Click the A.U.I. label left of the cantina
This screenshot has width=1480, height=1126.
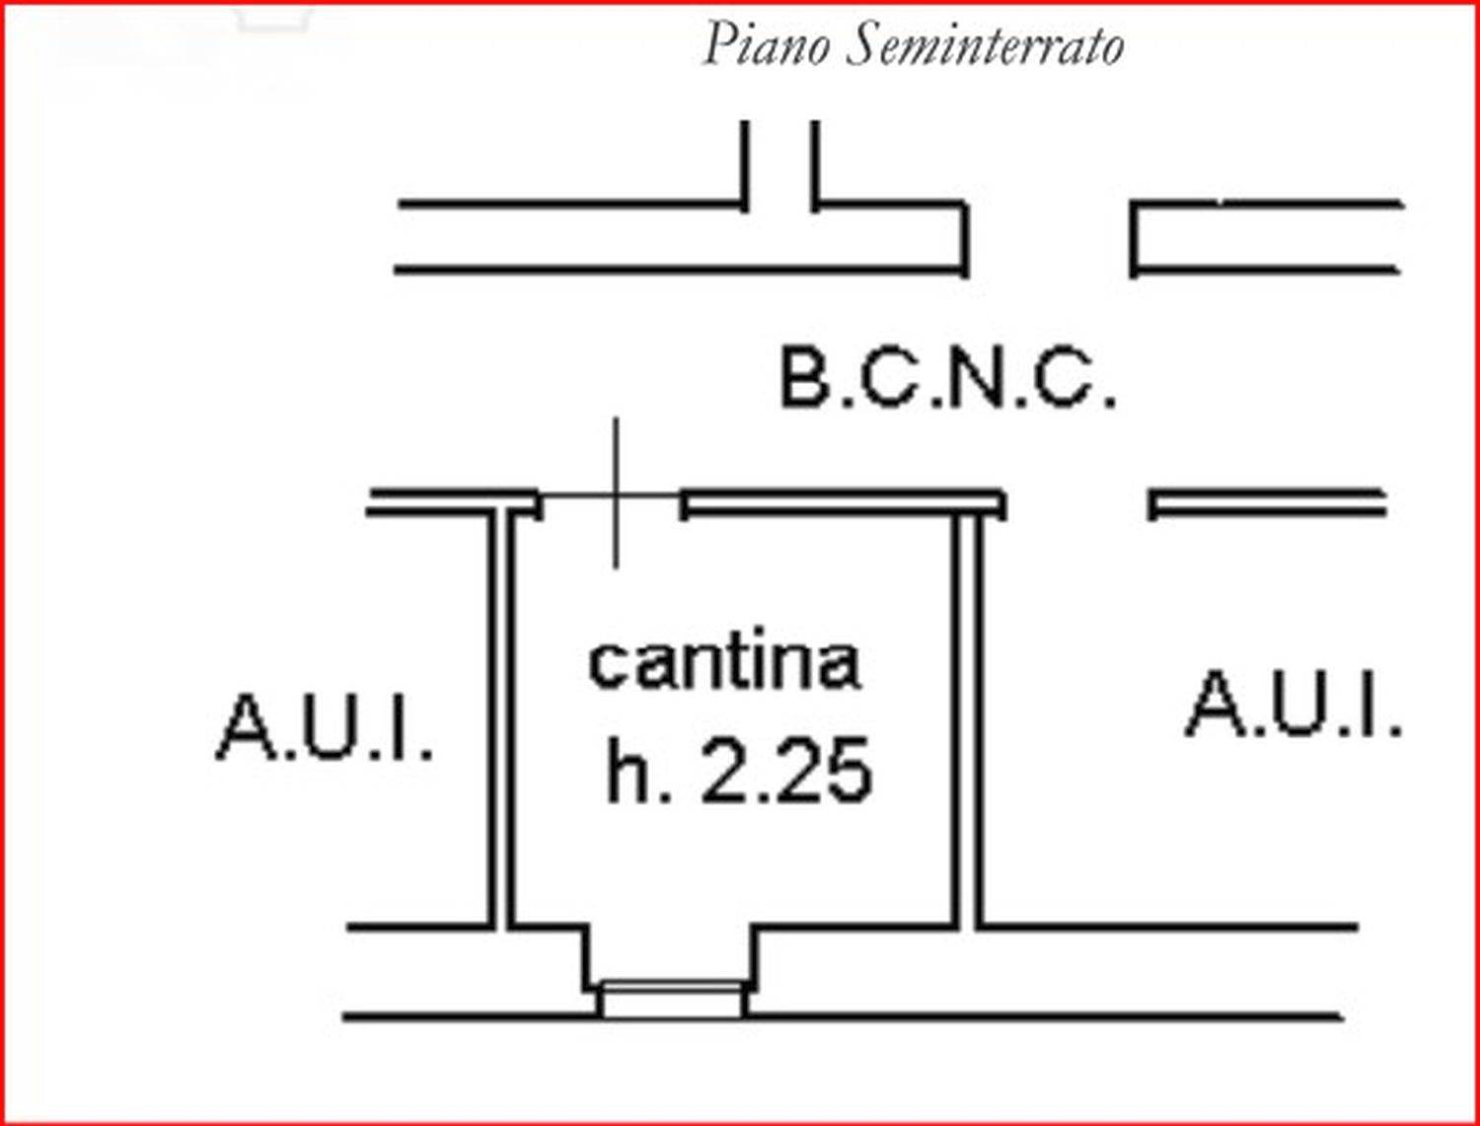pyautogui.click(x=325, y=728)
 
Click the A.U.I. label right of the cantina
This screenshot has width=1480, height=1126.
pyautogui.click(x=1294, y=703)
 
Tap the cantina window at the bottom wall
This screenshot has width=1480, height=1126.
pyautogui.click(x=672, y=1000)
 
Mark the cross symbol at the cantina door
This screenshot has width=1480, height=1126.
pyautogui.click(x=615, y=494)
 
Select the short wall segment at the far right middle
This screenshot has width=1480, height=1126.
pyautogui.click(x=1267, y=503)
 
